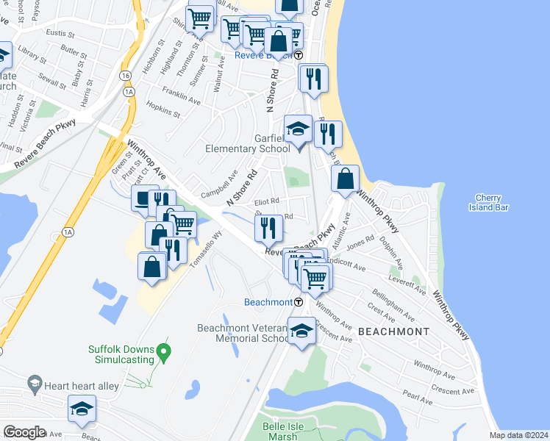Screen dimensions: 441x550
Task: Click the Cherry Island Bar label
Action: click(488, 202)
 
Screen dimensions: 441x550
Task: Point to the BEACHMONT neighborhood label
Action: click(393, 332)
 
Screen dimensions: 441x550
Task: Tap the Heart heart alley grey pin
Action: click(33, 383)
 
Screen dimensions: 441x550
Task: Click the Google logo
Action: click(24, 432)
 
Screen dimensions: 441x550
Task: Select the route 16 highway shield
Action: click(126, 76)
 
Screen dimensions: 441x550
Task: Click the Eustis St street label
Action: click(60, 34)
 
